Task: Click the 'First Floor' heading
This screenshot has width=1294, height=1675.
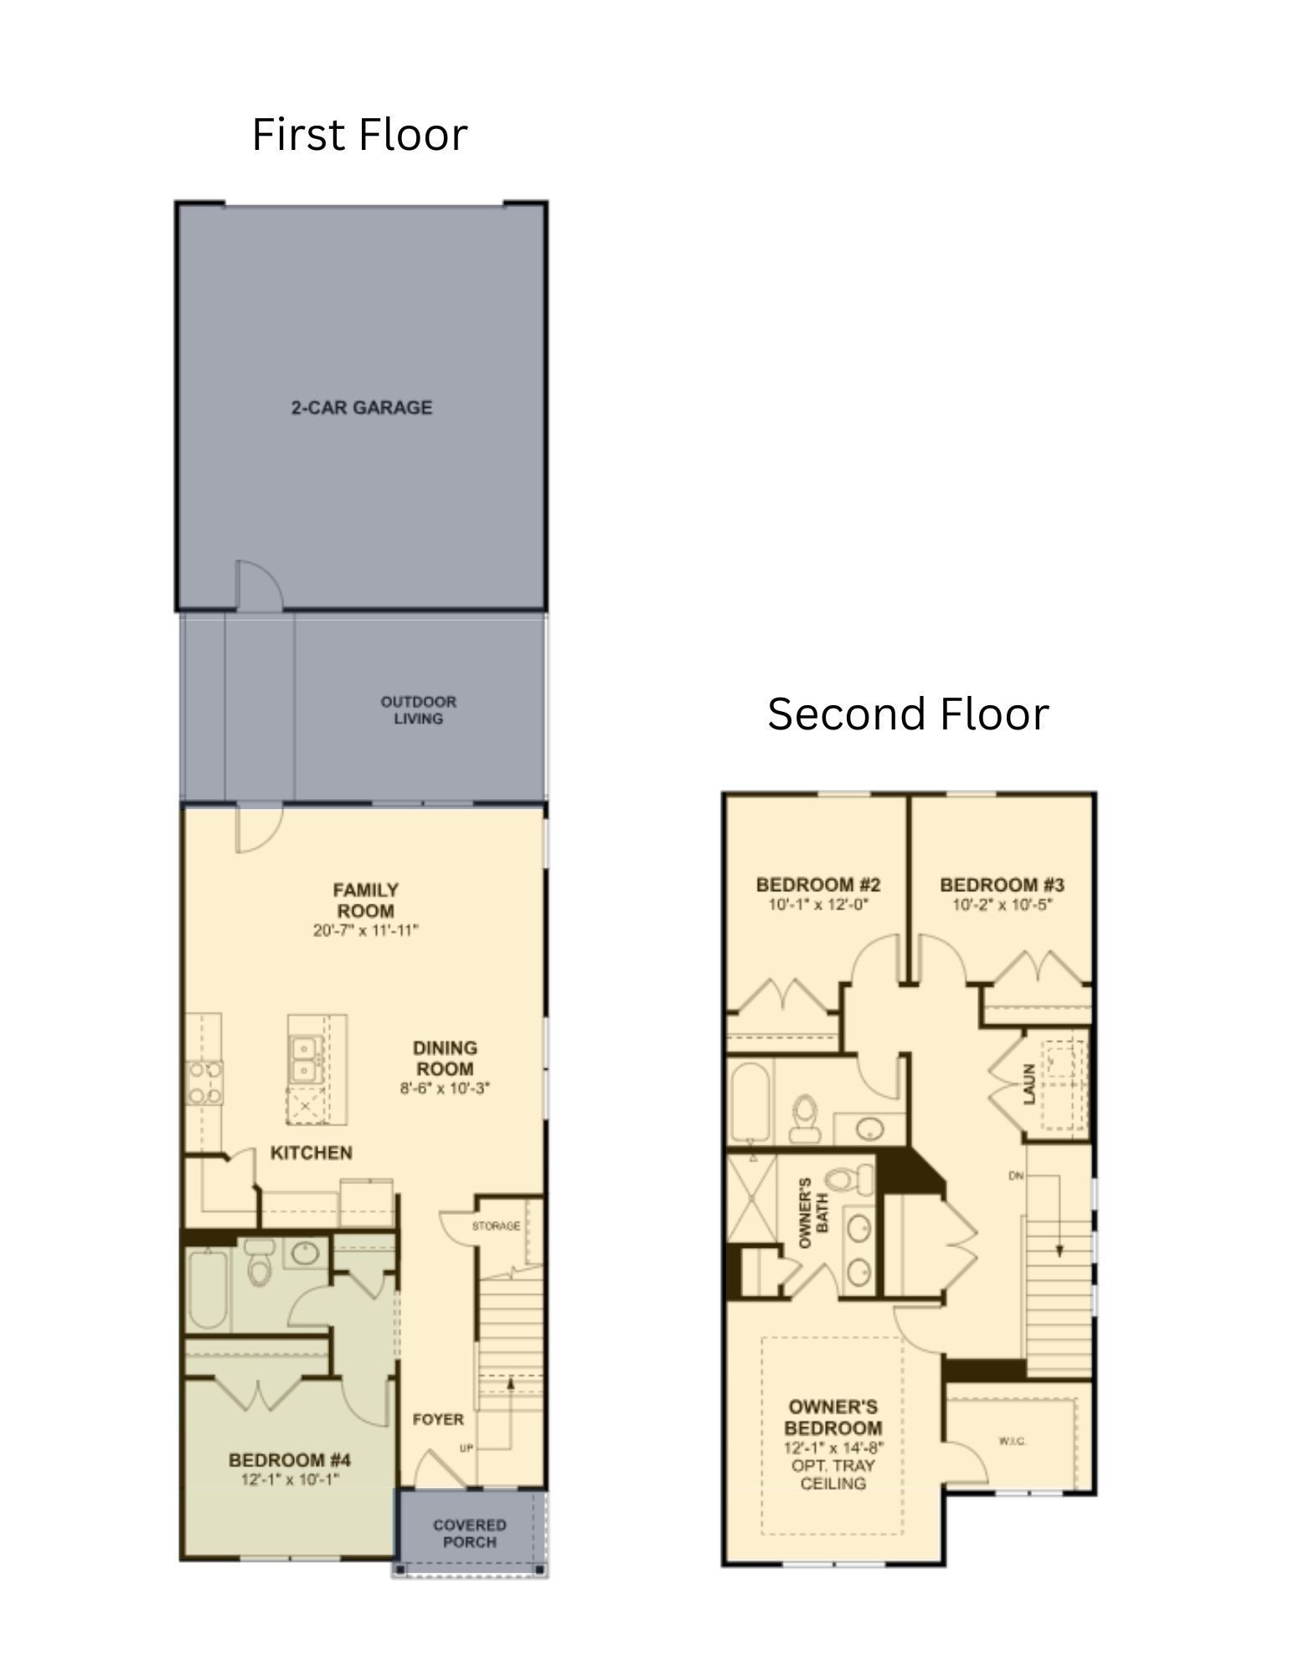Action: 359,135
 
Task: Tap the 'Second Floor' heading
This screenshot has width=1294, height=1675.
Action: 908,714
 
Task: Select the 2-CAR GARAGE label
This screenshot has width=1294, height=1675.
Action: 361,408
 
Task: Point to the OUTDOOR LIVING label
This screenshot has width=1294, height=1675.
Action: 418,710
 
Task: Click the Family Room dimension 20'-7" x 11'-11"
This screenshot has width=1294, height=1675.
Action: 365,930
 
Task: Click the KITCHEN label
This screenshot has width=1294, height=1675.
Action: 311,1153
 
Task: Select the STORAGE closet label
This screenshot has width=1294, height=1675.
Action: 496,1226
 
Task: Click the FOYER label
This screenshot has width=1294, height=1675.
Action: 437,1420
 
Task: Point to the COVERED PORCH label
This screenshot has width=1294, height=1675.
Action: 469,1533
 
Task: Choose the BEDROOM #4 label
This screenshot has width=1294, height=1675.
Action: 290,1461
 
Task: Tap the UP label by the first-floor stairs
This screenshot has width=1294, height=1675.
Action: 467,1448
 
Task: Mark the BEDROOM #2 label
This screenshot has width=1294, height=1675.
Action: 817,885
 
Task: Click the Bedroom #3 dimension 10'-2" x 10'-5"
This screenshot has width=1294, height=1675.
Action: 1001,905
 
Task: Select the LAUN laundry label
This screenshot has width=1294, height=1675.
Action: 1029,1084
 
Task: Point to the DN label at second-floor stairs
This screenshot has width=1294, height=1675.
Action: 1016,1176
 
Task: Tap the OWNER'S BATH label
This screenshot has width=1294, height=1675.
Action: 813,1214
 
